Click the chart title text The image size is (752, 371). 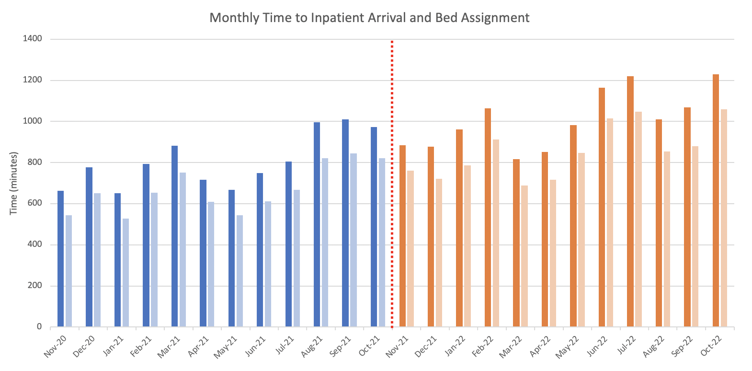[x=369, y=18]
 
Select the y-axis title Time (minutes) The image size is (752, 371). [x=13, y=183]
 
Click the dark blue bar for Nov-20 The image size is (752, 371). [x=60, y=259]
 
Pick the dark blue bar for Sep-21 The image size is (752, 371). [x=345, y=223]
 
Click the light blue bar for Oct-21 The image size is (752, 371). [x=382, y=243]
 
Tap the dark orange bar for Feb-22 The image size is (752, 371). [x=488, y=218]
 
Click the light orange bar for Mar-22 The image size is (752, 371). [x=524, y=256]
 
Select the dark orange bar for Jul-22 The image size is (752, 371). [x=630, y=201]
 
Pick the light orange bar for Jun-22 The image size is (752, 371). [x=610, y=222]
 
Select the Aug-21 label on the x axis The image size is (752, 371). [x=312, y=346]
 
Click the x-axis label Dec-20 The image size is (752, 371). [x=84, y=346]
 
